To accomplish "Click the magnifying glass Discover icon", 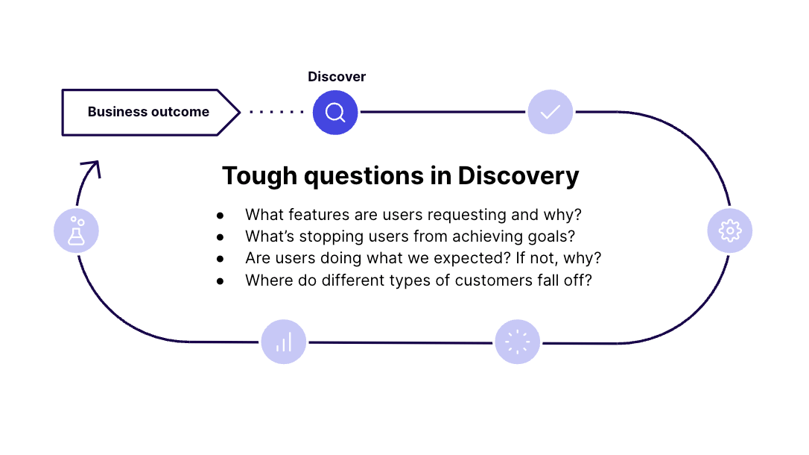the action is pyautogui.click(x=335, y=112).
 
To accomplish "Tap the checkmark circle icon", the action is pyautogui.click(x=550, y=112).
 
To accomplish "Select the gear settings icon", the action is pyautogui.click(x=729, y=230).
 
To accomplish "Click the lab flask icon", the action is pyautogui.click(x=77, y=230).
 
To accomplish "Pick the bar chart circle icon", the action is pyautogui.click(x=284, y=342).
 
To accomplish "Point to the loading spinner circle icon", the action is pyautogui.click(x=518, y=342).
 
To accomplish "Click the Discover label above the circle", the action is pyautogui.click(x=337, y=76).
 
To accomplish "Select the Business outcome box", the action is pyautogui.click(x=150, y=113).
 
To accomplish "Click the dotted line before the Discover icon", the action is pyautogui.click(x=276, y=112).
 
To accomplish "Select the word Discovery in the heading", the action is pyautogui.click(x=518, y=177).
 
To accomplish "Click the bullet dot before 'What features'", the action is pyautogui.click(x=221, y=216).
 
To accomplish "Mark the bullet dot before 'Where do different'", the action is pyautogui.click(x=221, y=281).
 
